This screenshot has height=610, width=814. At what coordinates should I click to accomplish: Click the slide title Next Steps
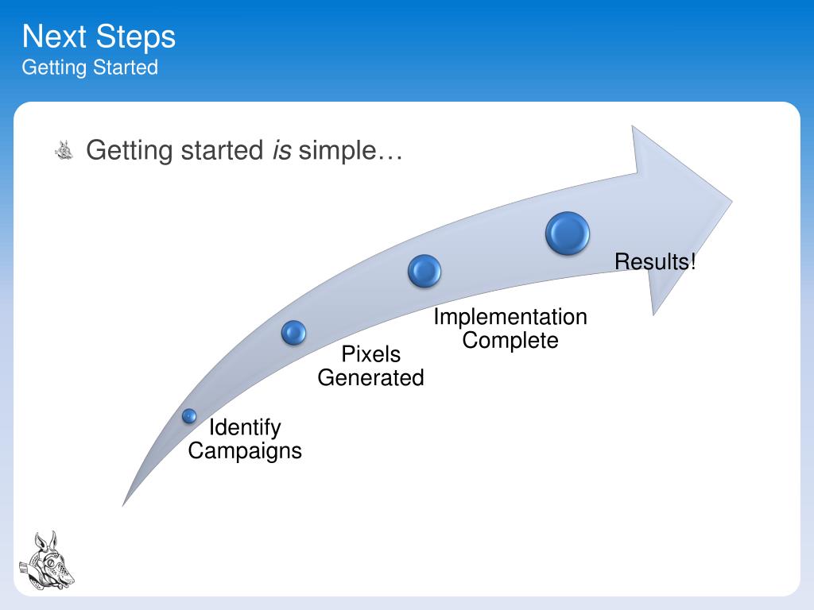[99, 37]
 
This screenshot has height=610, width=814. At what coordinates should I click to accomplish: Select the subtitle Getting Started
[90, 68]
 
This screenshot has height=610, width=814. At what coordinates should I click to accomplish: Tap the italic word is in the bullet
[281, 149]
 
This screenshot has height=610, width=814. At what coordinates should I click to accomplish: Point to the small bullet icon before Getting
[64, 149]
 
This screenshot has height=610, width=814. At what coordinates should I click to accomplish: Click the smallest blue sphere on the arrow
[189, 415]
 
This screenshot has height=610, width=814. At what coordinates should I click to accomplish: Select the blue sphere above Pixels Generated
[293, 333]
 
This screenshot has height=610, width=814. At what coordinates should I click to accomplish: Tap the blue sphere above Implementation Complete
[424, 271]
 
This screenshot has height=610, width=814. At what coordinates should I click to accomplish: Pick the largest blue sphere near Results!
[568, 234]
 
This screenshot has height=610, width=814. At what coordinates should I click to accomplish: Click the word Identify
[245, 427]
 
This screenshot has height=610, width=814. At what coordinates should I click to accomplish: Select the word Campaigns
[245, 451]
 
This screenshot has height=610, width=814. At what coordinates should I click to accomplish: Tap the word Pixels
[370, 354]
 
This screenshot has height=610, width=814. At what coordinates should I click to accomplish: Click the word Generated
[370, 378]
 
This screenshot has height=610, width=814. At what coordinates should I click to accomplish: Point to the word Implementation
[510, 317]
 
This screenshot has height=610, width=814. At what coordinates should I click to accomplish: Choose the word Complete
[510, 341]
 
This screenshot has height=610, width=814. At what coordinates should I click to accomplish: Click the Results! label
[655, 261]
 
